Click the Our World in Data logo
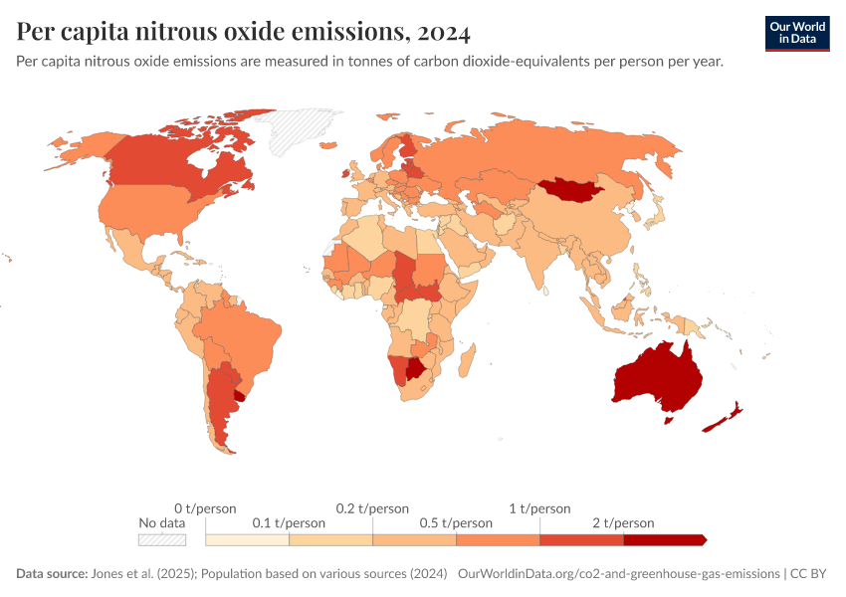point(796,33)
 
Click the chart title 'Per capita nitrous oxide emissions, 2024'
point(244,32)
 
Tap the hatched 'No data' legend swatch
point(162,540)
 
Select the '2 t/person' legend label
point(623,522)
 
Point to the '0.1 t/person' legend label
point(289,522)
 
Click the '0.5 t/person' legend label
point(456,522)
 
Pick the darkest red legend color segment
point(664,540)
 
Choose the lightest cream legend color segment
point(247,540)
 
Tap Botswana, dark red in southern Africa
point(414,369)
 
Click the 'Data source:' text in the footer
point(52,574)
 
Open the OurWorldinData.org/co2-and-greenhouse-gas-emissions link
point(617,574)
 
